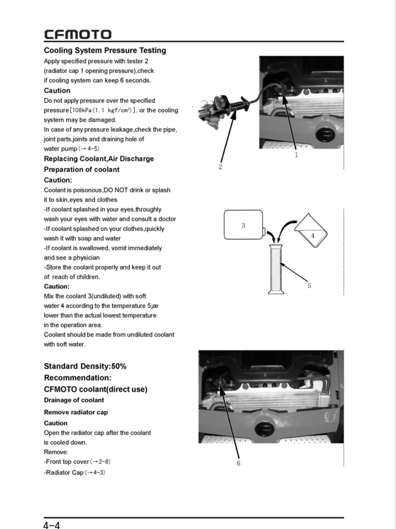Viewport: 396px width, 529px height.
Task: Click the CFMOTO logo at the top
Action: pos(78,35)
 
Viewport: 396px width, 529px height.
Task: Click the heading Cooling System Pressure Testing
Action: pos(105,50)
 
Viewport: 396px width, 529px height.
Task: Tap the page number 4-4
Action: pos(52,524)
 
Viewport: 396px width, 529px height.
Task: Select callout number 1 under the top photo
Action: pos(296,155)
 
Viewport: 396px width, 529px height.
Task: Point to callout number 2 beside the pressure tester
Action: pos(220,167)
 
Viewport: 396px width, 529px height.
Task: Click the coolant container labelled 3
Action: pos(243,226)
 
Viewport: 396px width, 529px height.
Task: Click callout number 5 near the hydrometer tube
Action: pos(309,286)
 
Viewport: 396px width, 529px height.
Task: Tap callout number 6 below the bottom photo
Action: pos(238,463)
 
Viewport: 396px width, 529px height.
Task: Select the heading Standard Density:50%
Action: pos(85,366)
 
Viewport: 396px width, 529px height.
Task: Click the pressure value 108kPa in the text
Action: pos(82,110)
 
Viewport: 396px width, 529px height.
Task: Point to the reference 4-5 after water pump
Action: pos(90,149)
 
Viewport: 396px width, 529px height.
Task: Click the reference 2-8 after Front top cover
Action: pos(101,461)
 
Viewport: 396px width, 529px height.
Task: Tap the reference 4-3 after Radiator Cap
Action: pos(95,472)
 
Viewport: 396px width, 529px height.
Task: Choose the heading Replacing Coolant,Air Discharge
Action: pos(99,159)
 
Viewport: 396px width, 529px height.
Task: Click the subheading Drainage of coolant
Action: pos(74,400)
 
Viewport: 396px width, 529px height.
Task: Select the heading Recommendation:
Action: pos(77,378)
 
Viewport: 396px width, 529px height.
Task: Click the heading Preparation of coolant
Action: pos(82,169)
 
